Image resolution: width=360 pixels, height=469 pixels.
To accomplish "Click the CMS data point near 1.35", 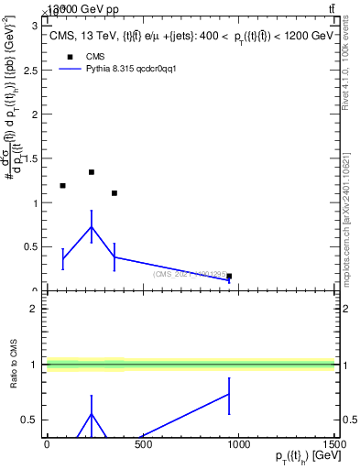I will pos(92,171).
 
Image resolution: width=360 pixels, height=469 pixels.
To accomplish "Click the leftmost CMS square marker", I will pos(62,186).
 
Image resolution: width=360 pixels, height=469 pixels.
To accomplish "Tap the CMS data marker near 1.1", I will pos(115,193).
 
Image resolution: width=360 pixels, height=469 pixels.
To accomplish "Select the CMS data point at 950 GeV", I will pos(229,276).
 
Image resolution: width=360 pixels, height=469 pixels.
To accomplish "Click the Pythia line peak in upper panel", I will pos(92,226).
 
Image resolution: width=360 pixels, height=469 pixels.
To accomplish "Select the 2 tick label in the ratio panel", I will pos(37,309).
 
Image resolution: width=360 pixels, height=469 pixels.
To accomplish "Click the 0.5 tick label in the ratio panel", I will pos(32,420).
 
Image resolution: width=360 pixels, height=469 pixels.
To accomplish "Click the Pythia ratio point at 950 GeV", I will pos(229,394).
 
